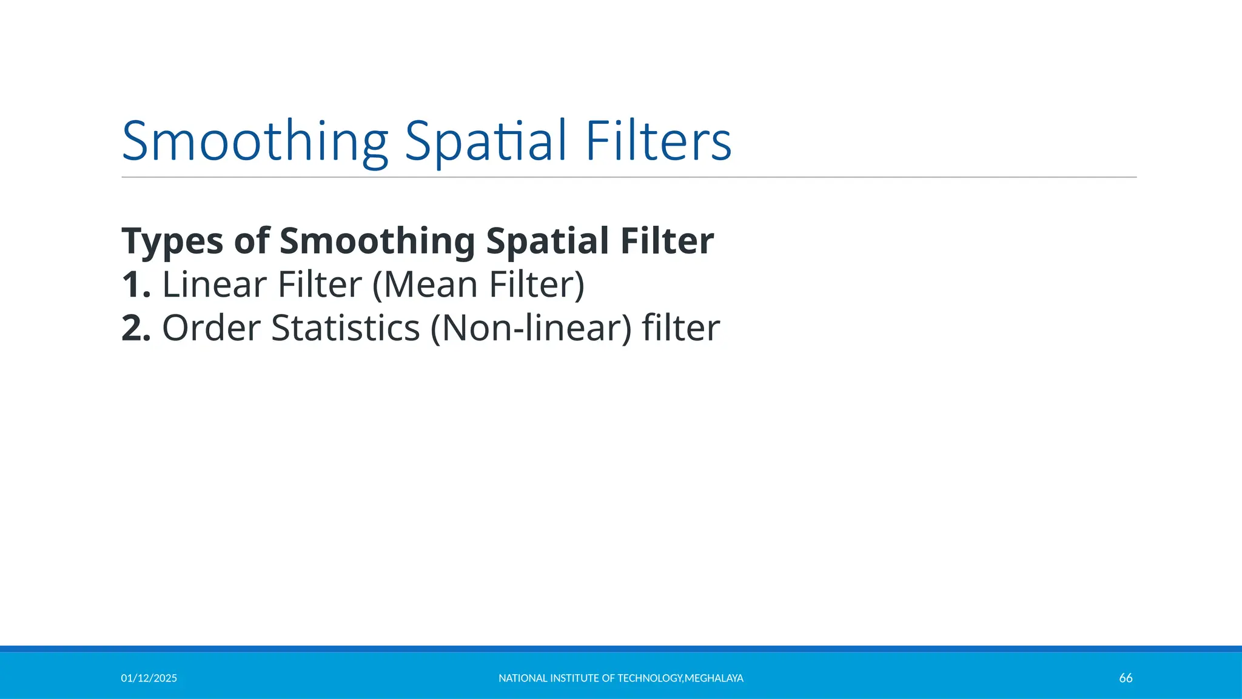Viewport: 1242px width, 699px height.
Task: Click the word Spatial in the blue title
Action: coord(485,142)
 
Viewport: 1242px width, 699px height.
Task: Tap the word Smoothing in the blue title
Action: coord(255,142)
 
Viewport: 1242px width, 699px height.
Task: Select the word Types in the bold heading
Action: coord(172,241)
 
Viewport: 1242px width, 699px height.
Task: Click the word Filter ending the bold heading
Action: coord(666,241)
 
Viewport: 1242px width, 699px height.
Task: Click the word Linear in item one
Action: coord(215,285)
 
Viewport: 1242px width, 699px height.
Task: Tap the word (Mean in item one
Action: coord(425,285)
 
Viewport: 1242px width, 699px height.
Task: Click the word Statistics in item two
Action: coord(345,328)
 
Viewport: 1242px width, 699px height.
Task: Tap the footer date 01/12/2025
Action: coord(149,678)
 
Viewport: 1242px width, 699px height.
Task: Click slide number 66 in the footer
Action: coord(1126,678)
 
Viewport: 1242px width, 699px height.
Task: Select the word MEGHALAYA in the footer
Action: coord(714,678)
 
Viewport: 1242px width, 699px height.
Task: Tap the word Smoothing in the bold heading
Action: coord(377,241)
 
